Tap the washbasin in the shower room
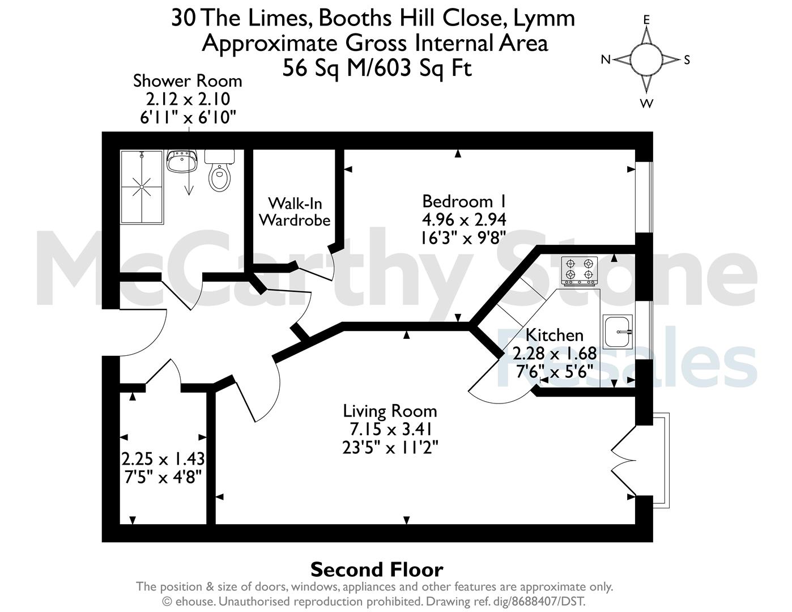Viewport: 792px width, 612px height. (x=181, y=160)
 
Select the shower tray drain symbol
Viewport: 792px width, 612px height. (x=142, y=186)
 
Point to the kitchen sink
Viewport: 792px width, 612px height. (x=618, y=331)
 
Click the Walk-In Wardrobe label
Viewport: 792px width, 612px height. (x=295, y=212)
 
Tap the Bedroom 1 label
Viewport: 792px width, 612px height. (x=464, y=201)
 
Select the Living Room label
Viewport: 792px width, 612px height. (x=390, y=411)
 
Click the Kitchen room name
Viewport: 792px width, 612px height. (x=555, y=335)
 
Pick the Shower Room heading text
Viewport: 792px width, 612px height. (x=188, y=81)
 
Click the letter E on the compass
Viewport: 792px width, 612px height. (x=646, y=20)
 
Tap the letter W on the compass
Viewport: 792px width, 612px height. (x=646, y=104)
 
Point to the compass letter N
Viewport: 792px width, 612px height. (x=606, y=59)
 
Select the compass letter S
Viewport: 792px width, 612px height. (x=687, y=59)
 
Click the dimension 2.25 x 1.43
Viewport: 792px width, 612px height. (x=163, y=458)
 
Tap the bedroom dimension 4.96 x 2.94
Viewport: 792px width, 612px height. (x=464, y=219)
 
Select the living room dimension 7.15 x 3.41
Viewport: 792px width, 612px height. (x=390, y=429)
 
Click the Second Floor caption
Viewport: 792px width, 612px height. (x=377, y=569)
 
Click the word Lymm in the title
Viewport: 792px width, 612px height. (x=544, y=19)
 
